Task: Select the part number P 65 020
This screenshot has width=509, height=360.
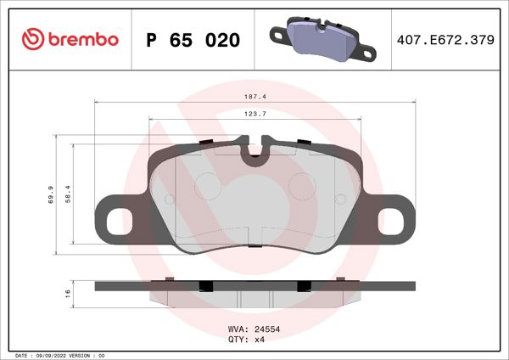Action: (x=193, y=40)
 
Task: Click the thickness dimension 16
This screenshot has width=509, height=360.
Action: (x=66, y=293)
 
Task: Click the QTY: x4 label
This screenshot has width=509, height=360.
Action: (x=246, y=340)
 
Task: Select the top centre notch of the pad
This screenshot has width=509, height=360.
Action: (x=253, y=155)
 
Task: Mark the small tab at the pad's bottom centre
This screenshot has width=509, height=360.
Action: (x=253, y=245)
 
